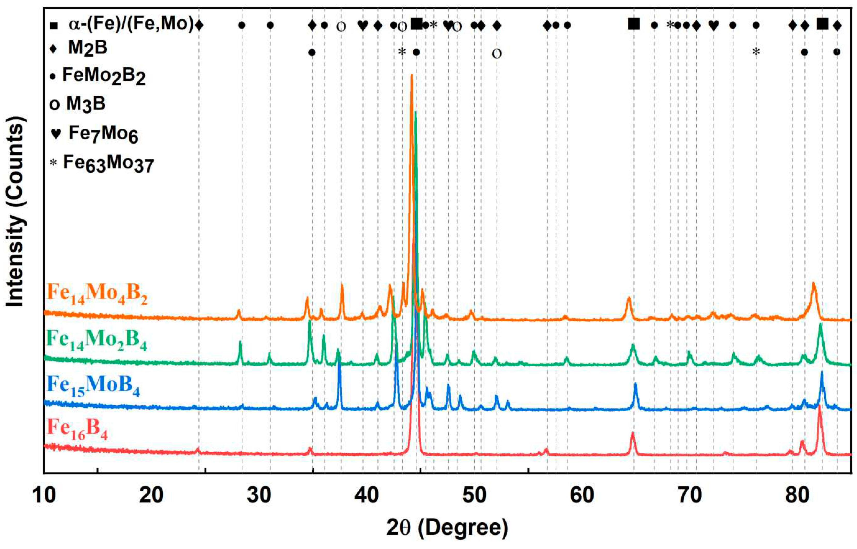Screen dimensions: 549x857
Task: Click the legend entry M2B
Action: tap(87, 48)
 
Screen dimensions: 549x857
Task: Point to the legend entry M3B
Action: tap(85, 104)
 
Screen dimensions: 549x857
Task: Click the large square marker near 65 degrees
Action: tap(634, 24)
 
